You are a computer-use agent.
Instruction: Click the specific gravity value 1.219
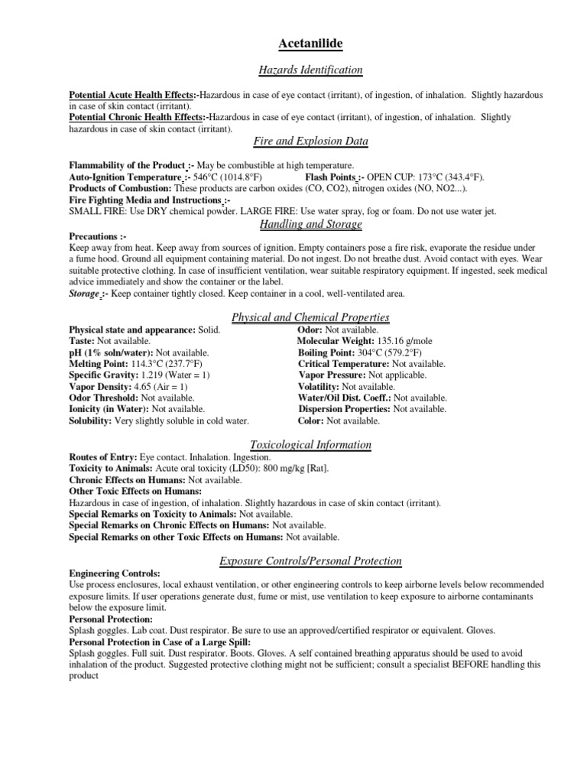point(151,375)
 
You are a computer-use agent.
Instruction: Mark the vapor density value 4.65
point(142,387)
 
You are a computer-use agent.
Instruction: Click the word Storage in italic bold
point(84,294)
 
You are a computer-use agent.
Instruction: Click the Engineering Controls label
point(115,573)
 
